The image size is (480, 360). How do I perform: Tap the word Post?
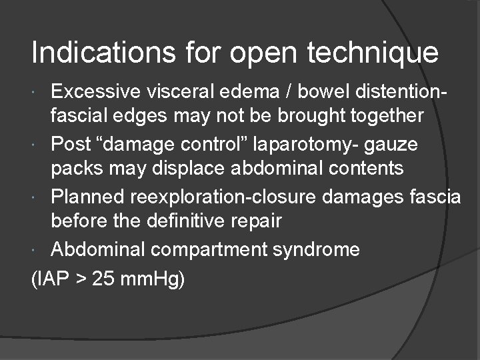pyautogui.click(x=72, y=143)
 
